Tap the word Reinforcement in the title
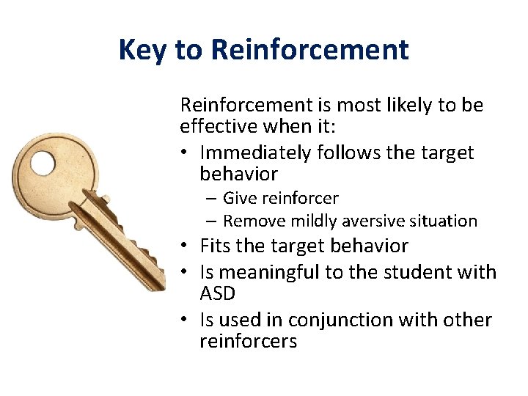click(309, 50)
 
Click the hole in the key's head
click(43, 163)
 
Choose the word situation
click(441, 221)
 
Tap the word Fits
click(216, 246)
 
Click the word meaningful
click(279, 272)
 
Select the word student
click(424, 272)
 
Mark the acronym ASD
click(218, 293)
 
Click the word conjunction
click(340, 320)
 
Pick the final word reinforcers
click(248, 342)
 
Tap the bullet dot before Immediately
click(186, 153)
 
